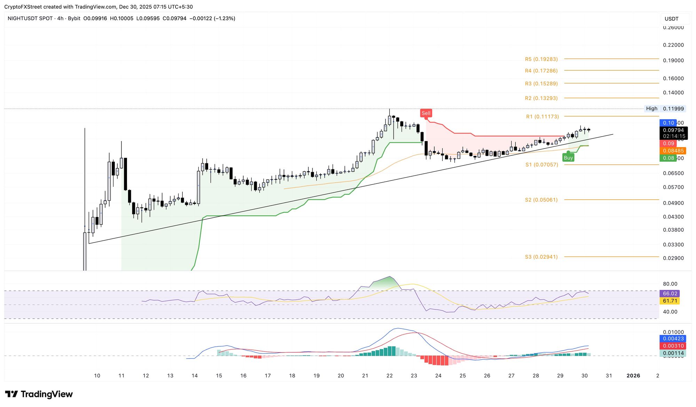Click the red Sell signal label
(x=426, y=113)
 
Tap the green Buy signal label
(x=568, y=158)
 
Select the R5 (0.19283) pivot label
(x=541, y=59)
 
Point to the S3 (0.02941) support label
(x=541, y=257)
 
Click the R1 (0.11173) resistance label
(x=542, y=117)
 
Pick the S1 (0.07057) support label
(x=541, y=164)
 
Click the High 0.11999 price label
(x=665, y=109)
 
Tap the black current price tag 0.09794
(x=673, y=130)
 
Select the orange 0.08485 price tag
(x=673, y=151)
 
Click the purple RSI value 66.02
(x=670, y=294)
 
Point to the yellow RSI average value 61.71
(x=670, y=301)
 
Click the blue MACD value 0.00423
(x=673, y=339)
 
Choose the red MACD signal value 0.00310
(x=673, y=346)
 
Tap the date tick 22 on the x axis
(x=389, y=376)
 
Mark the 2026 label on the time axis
(x=633, y=376)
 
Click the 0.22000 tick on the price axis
(x=673, y=45)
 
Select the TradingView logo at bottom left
(x=39, y=394)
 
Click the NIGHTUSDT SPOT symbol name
(x=30, y=18)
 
